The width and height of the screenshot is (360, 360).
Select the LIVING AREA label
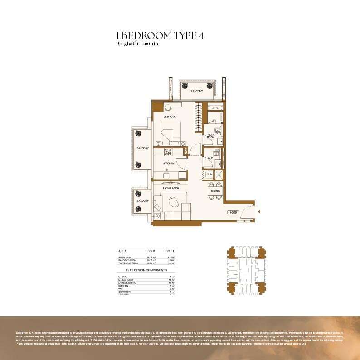coord(170,187)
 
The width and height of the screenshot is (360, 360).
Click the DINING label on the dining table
coord(215,191)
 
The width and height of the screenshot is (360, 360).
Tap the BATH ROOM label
coord(211,136)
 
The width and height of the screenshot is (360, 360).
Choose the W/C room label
coord(209,158)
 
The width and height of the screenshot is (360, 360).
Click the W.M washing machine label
coord(209,174)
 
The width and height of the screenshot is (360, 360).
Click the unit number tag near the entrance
coord(232,212)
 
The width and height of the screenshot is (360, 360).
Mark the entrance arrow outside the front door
coord(258,211)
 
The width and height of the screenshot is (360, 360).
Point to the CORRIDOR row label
coord(124,292)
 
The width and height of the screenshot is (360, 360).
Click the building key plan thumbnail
coord(246,270)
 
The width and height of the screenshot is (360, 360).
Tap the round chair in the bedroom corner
coord(167,108)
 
